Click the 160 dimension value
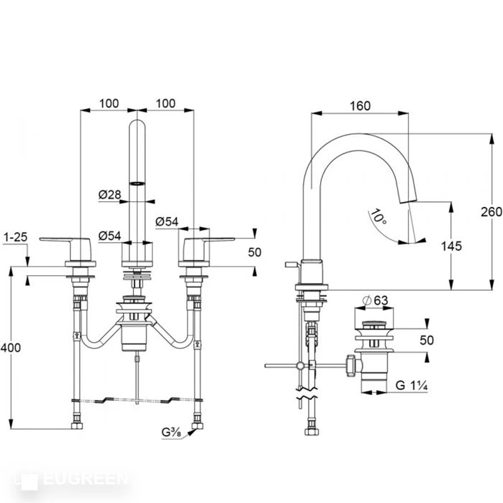pyautogui.click(x=360, y=106)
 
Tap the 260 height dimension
pyautogui.click(x=491, y=212)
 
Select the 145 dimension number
pyautogui.click(x=451, y=246)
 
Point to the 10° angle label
pyautogui.click(x=379, y=217)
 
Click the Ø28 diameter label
pyautogui.click(x=109, y=194)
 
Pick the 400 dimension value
pyautogui.click(x=11, y=348)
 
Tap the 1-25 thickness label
pyautogui.click(x=16, y=237)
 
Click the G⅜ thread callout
pyautogui.click(x=171, y=432)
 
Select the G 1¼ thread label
pyautogui.click(x=412, y=385)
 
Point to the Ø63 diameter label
pyautogui.click(x=375, y=301)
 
